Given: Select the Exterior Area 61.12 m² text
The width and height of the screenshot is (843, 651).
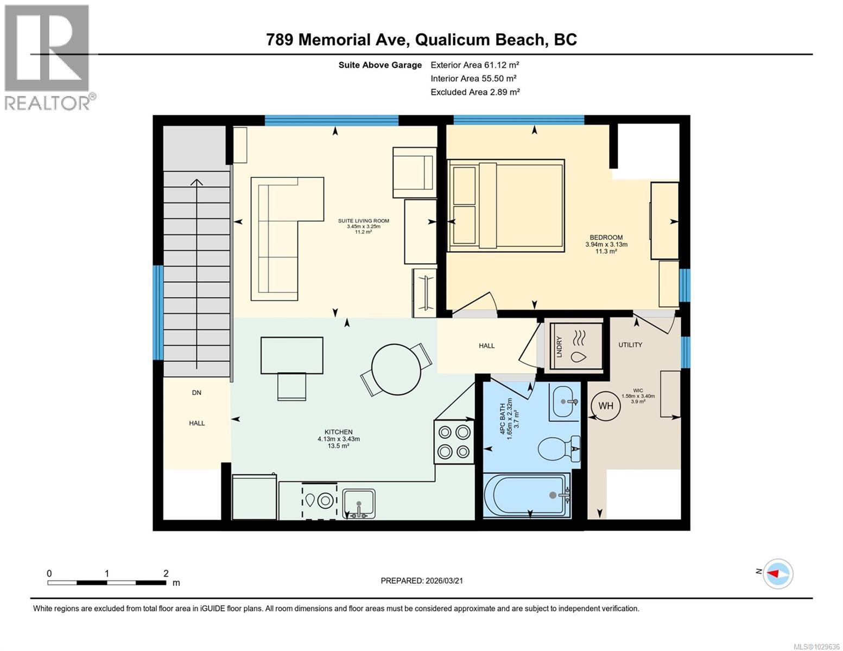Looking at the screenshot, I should tap(475, 65).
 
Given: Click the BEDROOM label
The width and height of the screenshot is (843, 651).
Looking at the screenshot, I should tap(606, 238).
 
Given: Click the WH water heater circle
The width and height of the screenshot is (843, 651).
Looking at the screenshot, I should tap(605, 406).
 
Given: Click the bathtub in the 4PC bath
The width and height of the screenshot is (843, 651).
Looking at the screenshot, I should tap(527, 495).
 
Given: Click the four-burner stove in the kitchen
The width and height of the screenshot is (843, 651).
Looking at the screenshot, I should tap(454, 442).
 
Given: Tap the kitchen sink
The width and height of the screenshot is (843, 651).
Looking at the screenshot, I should tap(358, 502).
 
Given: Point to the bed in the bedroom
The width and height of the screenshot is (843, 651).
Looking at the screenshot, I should tap(505, 206).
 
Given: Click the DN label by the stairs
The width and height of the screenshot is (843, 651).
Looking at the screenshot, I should tap(197, 392).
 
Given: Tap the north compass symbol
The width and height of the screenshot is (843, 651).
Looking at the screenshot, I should tap(778, 573).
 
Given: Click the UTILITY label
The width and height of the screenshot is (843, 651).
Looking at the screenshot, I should tap(630, 344).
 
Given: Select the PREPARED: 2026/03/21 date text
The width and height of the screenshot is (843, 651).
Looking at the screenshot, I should tap(421, 580).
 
